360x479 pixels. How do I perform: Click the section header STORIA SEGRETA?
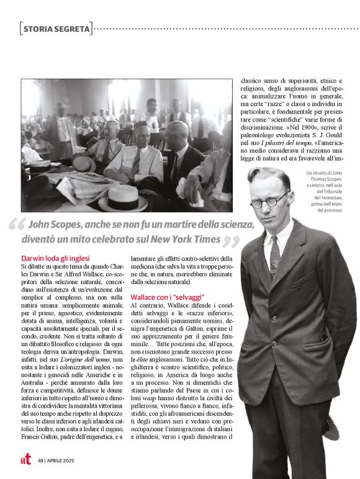[x=56, y=28]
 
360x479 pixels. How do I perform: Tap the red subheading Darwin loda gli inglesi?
[x=56, y=257]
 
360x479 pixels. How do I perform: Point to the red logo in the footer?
[x=25, y=460]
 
